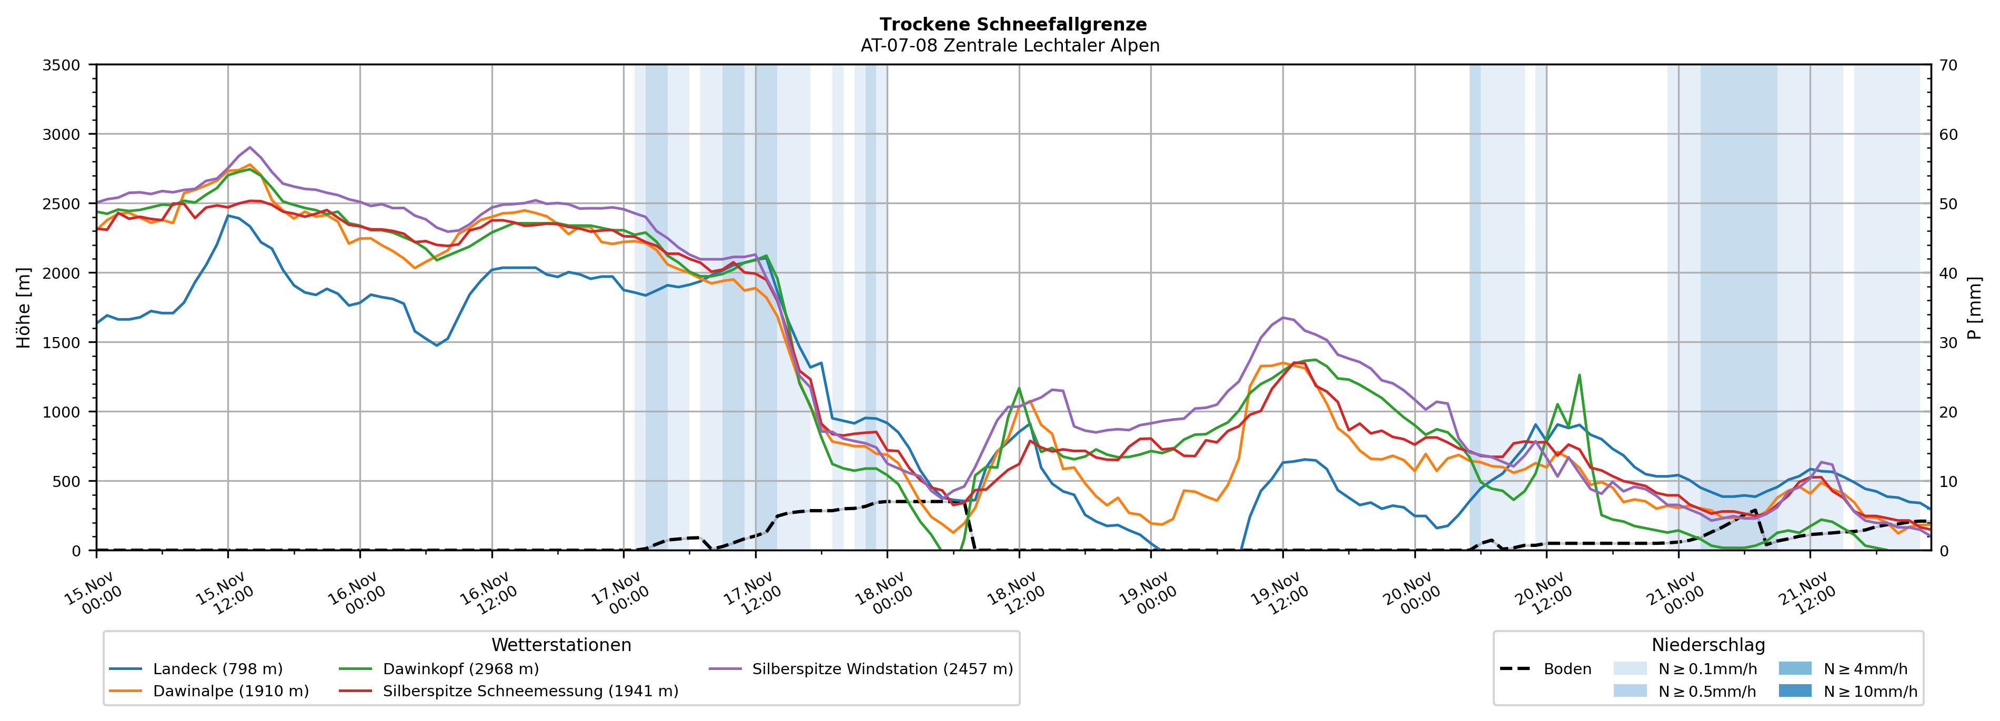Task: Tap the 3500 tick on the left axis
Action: point(62,65)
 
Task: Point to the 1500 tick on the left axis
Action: point(62,342)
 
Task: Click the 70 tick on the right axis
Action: point(1949,65)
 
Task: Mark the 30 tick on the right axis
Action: point(1949,342)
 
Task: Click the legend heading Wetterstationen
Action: point(561,645)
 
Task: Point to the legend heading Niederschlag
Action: point(1708,645)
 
